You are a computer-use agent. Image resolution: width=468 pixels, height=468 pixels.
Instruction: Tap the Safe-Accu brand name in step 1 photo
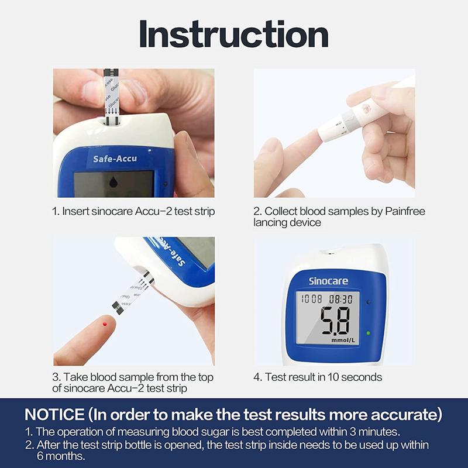click(x=115, y=159)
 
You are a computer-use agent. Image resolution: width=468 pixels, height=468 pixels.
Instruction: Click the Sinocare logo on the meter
click(x=328, y=281)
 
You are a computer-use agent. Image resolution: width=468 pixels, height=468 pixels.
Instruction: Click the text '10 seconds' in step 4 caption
click(x=353, y=377)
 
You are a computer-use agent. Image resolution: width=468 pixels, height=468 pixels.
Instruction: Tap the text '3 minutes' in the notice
click(x=377, y=432)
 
